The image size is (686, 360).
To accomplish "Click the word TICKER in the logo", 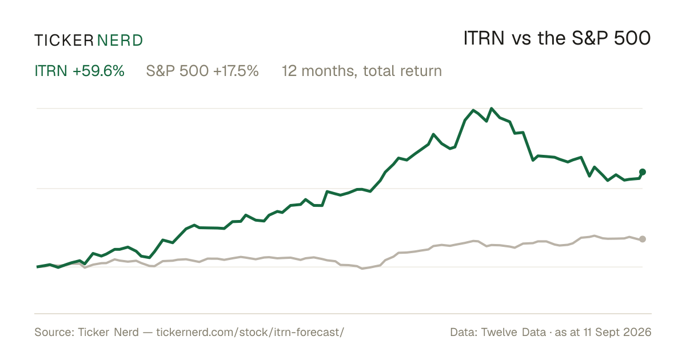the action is [63, 41].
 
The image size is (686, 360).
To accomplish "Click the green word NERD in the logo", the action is [119, 41].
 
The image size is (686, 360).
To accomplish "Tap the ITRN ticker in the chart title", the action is [484, 38].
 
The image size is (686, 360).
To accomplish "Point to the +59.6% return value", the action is [98, 71].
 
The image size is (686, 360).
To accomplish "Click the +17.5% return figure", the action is [236, 71].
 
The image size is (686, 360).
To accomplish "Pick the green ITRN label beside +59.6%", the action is [51, 71].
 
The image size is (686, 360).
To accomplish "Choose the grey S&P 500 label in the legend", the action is [178, 71].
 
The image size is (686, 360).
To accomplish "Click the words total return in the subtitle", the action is [402, 71].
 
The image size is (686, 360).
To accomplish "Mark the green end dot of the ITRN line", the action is [643, 172].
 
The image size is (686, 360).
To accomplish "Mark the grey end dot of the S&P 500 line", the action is [643, 239].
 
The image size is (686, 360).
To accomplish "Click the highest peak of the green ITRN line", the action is [492, 109].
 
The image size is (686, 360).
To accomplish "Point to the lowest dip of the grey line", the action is [362, 269].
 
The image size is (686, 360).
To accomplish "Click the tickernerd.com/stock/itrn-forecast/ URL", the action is [250, 332].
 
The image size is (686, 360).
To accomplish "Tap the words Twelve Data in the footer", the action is [513, 332].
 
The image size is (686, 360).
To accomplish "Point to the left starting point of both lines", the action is [37, 267].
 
